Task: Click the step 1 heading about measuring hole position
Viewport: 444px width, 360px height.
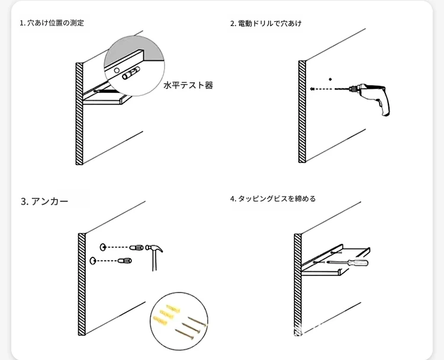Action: pyautogui.click(x=52, y=23)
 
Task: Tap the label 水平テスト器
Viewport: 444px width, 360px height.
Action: pyautogui.click(x=188, y=85)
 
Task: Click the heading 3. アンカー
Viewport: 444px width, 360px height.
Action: pyautogui.click(x=44, y=201)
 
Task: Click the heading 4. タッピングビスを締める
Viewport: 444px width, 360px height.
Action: pyautogui.click(x=273, y=198)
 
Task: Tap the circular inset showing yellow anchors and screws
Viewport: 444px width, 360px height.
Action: pyautogui.click(x=177, y=320)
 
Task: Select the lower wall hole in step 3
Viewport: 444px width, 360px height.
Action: pyautogui.click(x=93, y=261)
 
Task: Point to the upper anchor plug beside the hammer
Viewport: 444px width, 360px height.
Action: pyautogui.click(x=136, y=247)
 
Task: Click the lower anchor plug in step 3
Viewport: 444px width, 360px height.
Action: pyautogui.click(x=126, y=261)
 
